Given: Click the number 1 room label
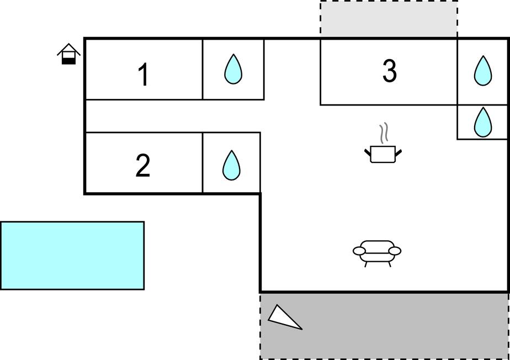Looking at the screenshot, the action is coord(144,75).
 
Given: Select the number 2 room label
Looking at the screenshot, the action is coord(143,166).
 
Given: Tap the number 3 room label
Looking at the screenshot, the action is coord(389,71).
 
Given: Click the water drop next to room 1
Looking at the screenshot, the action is coord(233,70).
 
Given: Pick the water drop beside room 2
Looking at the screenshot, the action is coord(231,165).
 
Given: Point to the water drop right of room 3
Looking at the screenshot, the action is coord(483,71).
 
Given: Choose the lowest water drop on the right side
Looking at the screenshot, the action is coord(483,123).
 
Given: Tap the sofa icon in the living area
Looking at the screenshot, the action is coord(377,253).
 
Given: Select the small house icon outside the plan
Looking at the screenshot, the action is coord(68,54).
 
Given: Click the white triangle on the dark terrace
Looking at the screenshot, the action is coord(284,317).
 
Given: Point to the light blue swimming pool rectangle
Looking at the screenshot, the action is coord(72,256).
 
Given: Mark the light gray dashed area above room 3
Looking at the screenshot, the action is coord(389,19).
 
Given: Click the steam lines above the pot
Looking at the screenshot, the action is coord(384,133).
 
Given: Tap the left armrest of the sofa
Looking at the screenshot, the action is coord(359,251).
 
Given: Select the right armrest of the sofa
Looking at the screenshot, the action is coord(395,251).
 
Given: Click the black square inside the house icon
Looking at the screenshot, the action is coord(68,61).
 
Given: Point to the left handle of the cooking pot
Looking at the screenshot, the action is coord(368,152).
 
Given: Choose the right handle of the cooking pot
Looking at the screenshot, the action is coord(399,152).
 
